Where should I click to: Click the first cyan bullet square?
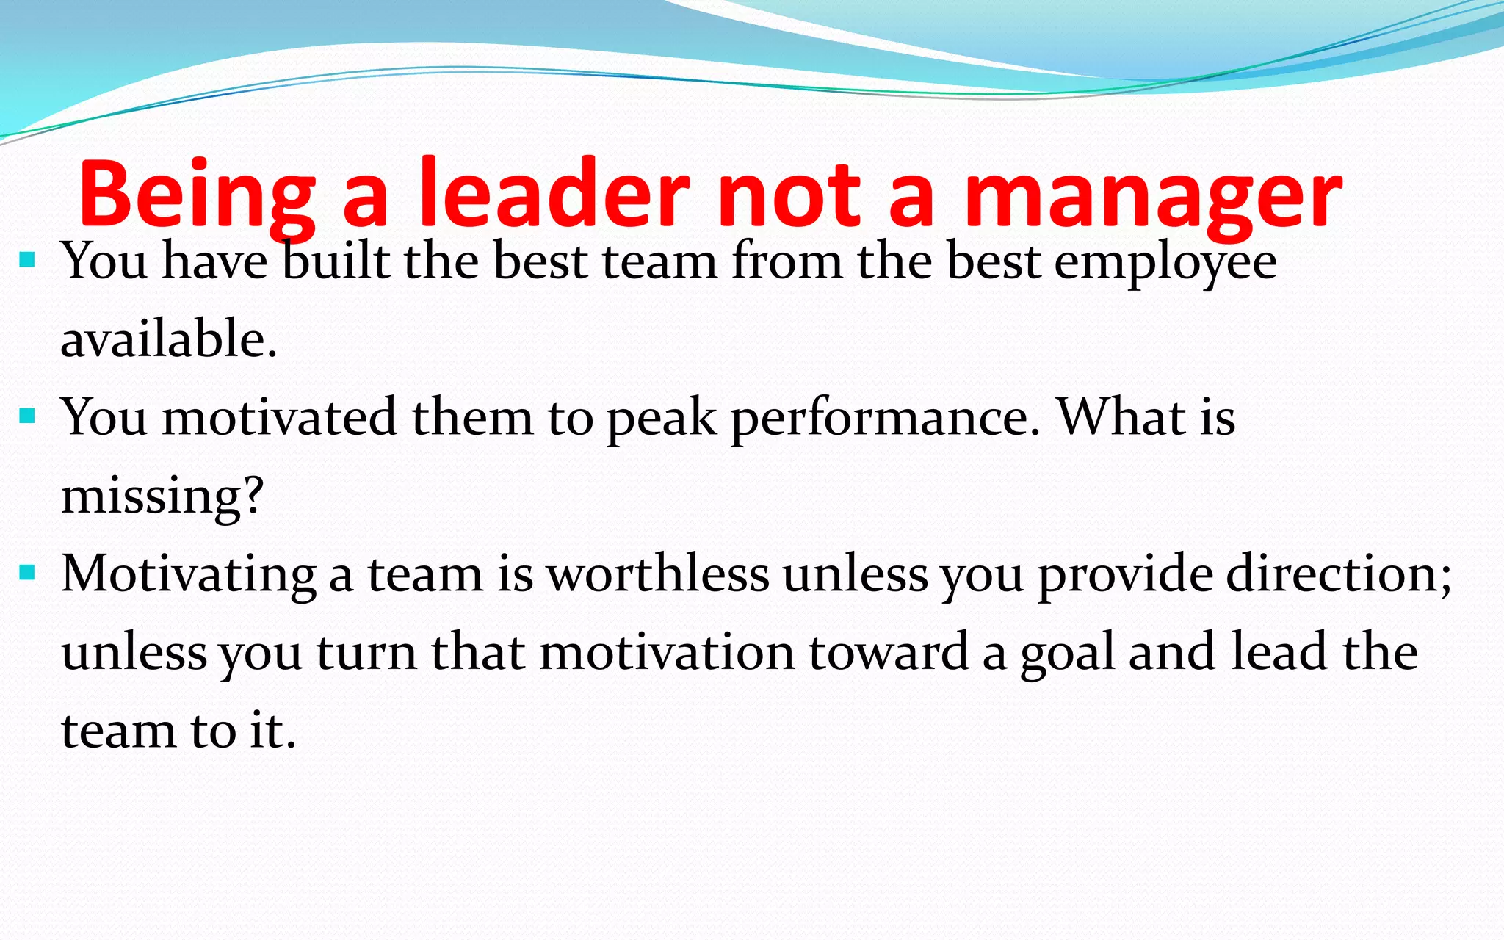point(28,259)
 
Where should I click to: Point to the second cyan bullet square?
point(28,416)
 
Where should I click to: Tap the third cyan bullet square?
point(28,572)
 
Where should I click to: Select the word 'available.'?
point(169,339)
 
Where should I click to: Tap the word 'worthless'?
point(659,574)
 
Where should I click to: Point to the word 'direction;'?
point(1339,574)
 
